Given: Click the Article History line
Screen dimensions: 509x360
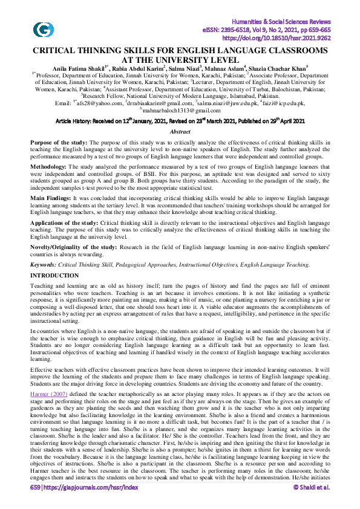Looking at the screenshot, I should (180, 121).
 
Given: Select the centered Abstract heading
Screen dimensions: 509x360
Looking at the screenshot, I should (180, 131).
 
